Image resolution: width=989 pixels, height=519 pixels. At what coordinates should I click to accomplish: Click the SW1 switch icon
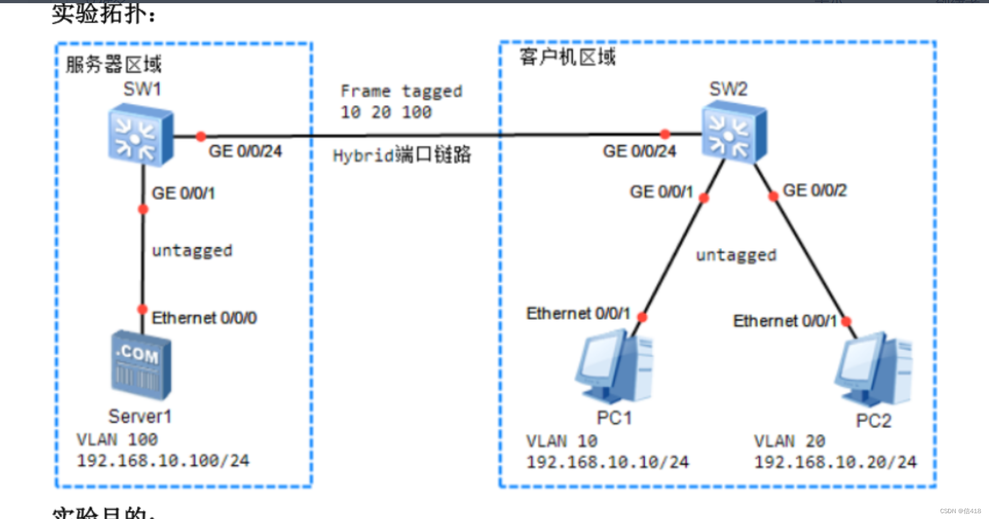[x=141, y=135]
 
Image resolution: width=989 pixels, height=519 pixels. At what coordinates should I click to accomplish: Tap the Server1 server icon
[x=141, y=365]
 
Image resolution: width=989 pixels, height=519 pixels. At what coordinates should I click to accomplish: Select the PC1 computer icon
[x=614, y=367]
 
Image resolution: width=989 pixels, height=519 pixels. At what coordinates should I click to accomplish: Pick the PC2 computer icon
[x=874, y=369]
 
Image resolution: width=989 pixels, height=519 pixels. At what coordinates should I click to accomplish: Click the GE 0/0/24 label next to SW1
[x=245, y=151]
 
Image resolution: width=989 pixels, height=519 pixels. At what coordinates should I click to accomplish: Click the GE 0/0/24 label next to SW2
[x=639, y=151]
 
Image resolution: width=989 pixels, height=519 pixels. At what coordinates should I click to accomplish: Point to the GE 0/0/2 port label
[x=814, y=190]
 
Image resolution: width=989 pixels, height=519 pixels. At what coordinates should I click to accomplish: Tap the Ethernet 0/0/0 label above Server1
[x=204, y=318]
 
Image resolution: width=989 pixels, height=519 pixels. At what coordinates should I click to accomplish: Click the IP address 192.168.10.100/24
[x=163, y=461]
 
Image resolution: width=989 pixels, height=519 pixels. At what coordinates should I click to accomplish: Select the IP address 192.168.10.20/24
[x=835, y=462]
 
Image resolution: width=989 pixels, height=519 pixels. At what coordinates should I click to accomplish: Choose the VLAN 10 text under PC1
[x=561, y=441]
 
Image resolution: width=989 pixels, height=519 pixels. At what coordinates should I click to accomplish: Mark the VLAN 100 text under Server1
[x=117, y=439]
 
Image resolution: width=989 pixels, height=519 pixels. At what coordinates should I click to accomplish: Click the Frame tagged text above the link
[x=401, y=91]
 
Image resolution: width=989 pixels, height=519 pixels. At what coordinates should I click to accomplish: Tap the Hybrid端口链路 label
[x=402, y=155]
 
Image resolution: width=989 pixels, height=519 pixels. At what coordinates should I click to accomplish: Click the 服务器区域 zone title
[x=113, y=64]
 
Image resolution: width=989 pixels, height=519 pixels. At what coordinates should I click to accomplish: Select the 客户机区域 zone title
[x=567, y=57]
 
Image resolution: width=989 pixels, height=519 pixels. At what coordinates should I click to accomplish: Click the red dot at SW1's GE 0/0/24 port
[x=201, y=137]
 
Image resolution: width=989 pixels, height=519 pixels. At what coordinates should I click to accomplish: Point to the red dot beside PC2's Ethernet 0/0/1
[x=846, y=321]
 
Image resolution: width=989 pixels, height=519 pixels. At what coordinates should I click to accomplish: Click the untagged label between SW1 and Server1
[x=192, y=251]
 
